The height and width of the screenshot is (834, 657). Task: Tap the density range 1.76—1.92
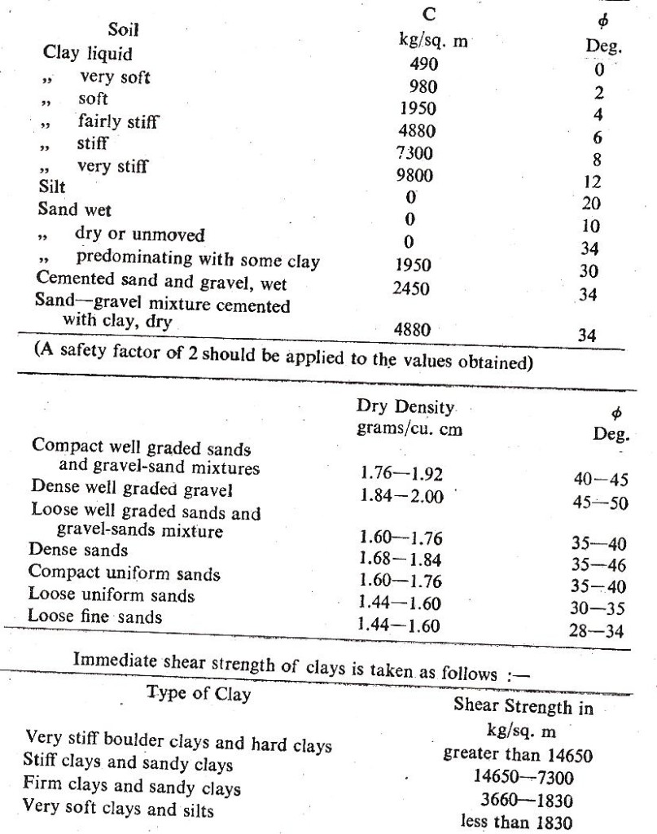point(400,475)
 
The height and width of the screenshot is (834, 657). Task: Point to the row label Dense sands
point(78,552)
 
